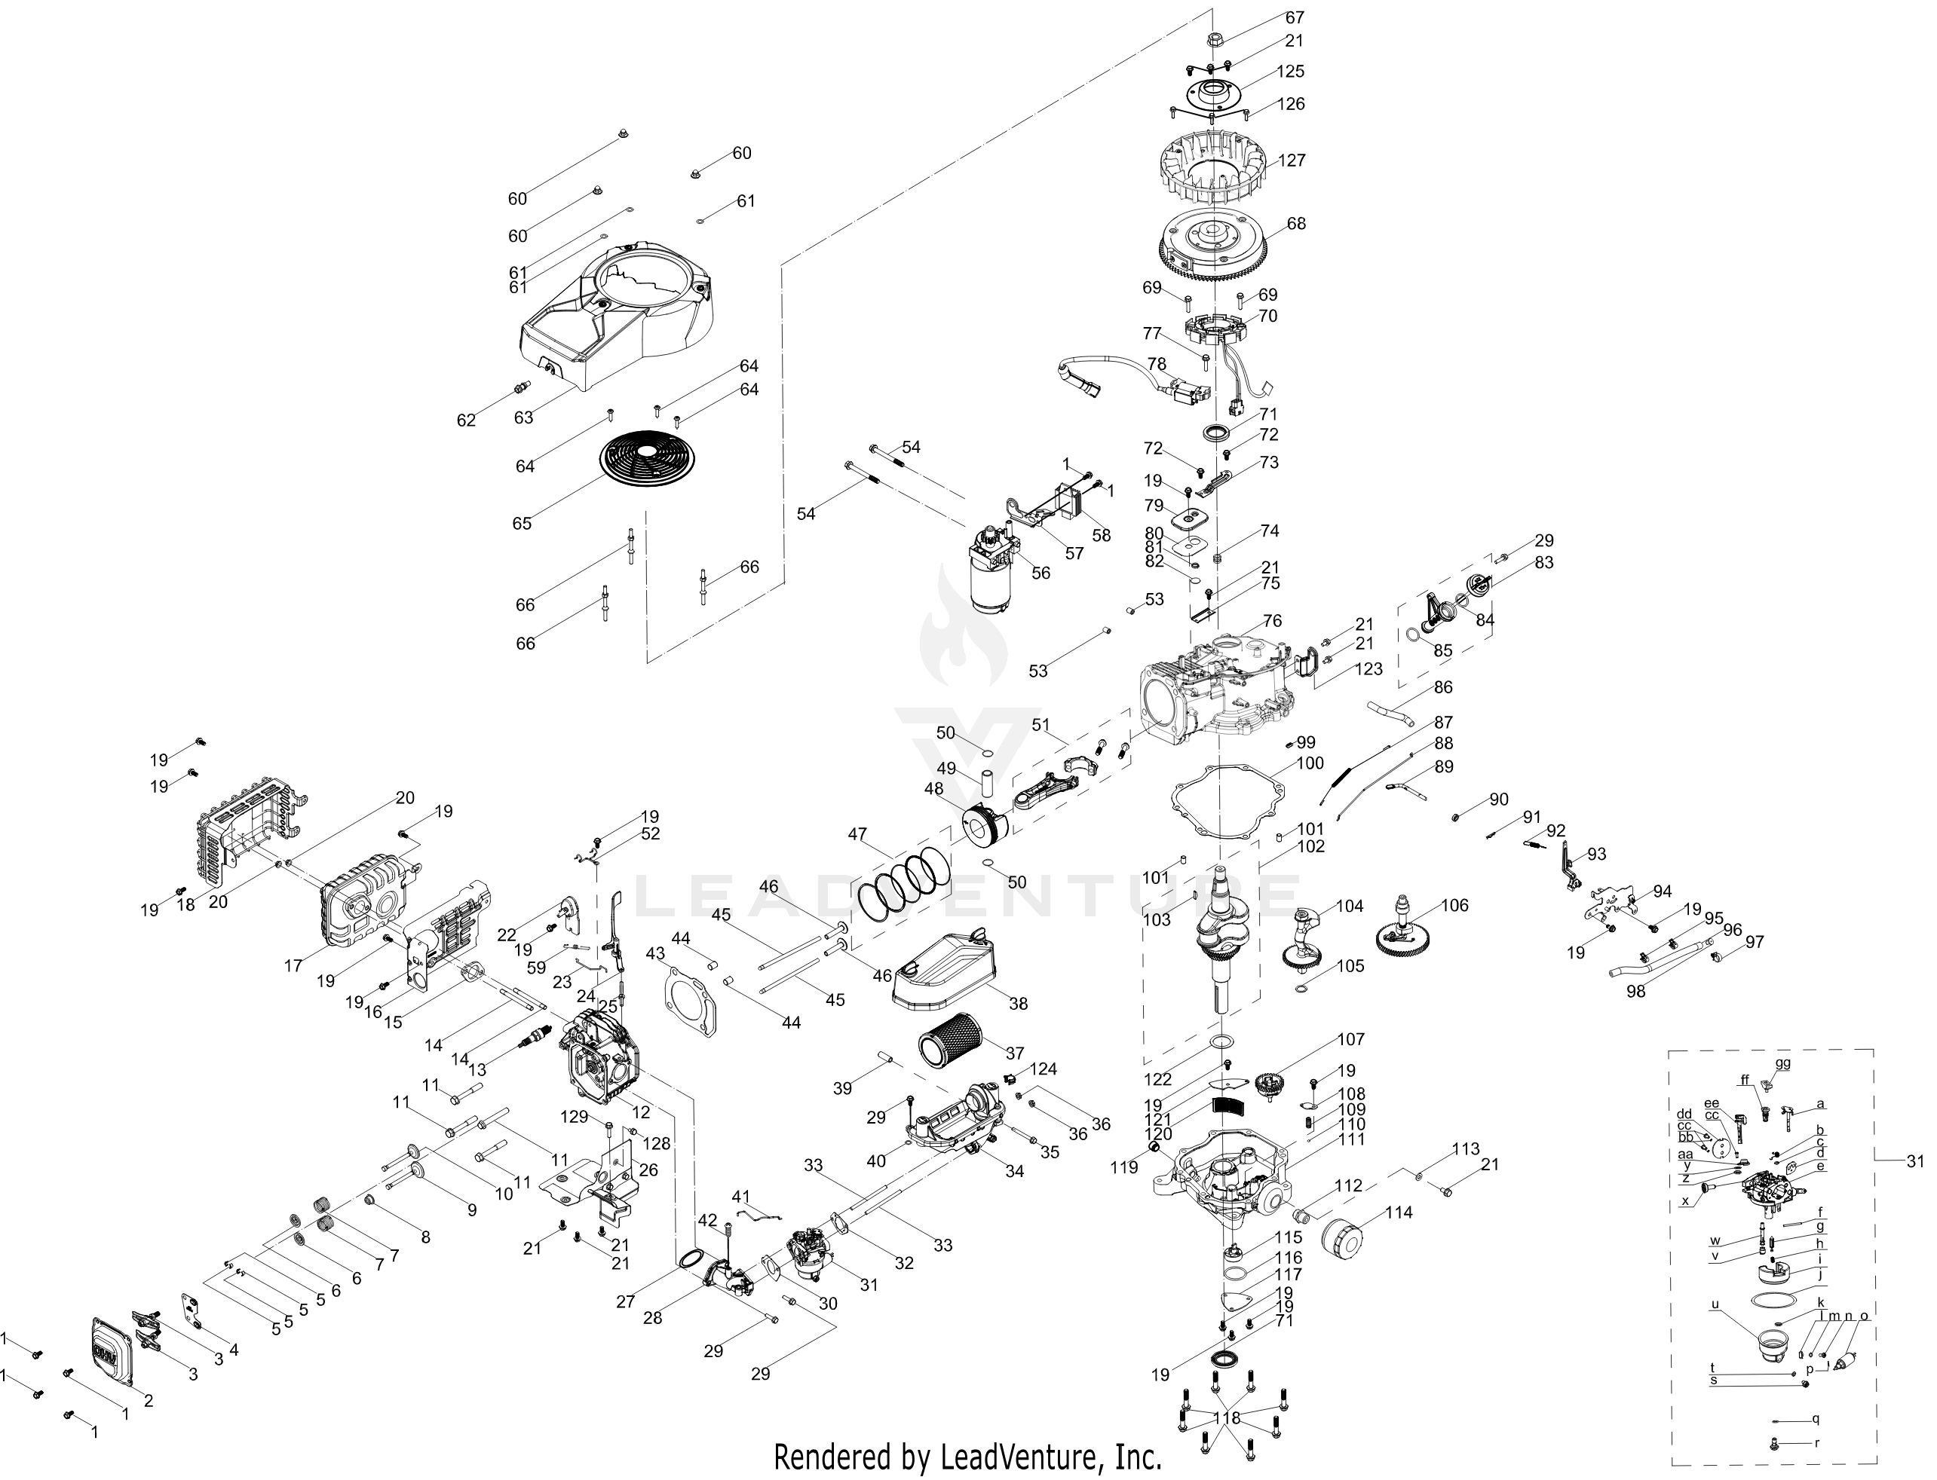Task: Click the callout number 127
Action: pos(1292,161)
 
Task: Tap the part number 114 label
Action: pos(1398,1212)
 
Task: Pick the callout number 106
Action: pos(1455,905)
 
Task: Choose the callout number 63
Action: pos(523,417)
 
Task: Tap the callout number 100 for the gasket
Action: pos(1310,763)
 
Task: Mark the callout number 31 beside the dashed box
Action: pos(1915,1161)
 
